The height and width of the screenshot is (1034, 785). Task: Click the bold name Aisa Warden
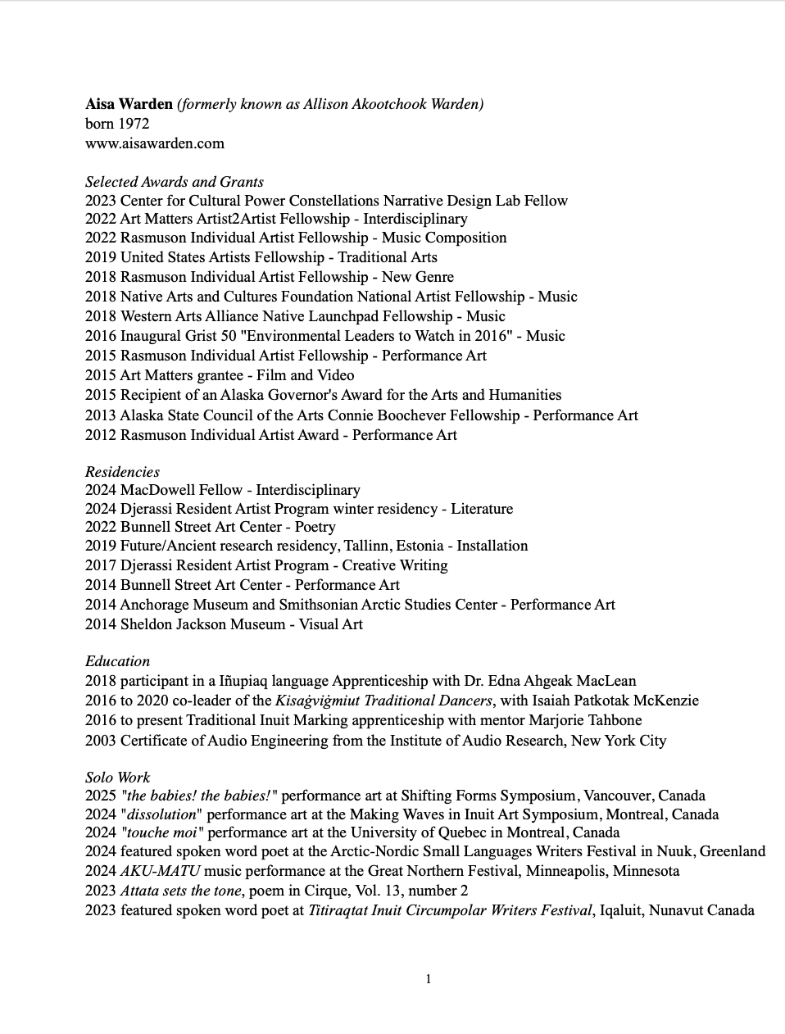(x=129, y=104)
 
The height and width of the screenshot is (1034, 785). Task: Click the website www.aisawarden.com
(x=154, y=143)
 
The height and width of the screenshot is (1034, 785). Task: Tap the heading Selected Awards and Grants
(x=174, y=182)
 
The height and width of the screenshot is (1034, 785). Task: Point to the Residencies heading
(x=122, y=472)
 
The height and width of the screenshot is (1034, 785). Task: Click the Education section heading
(x=117, y=661)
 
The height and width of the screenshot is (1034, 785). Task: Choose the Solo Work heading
(x=117, y=777)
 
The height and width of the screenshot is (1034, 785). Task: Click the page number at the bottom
(x=429, y=979)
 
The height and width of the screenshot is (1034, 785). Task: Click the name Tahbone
(x=612, y=720)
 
